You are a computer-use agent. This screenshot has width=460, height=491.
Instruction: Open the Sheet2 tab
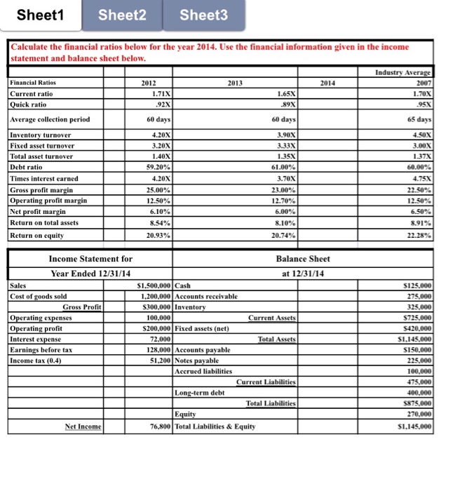coord(123,15)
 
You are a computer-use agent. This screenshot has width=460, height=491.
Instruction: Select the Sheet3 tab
coord(204,15)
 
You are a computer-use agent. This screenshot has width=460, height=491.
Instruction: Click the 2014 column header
coord(327,83)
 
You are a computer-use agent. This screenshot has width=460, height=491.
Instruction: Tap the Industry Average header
coord(406,73)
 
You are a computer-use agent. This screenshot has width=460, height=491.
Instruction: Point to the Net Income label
coord(83,426)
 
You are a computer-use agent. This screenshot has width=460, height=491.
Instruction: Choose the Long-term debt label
coord(200,392)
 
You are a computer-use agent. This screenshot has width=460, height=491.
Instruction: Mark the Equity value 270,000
coord(417,415)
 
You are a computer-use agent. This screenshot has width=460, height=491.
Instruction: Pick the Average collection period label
coord(50,119)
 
